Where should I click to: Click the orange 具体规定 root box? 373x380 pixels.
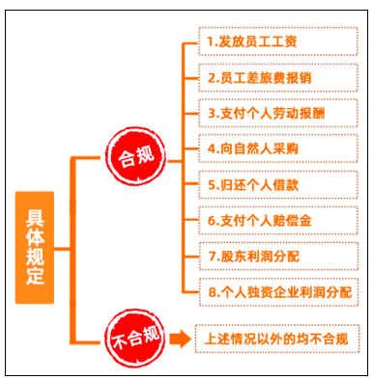pyautogui.click(x=35, y=247)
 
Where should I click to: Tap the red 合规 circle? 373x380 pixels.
pyautogui.click(x=133, y=156)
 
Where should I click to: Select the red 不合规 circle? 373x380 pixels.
pyautogui.click(x=133, y=339)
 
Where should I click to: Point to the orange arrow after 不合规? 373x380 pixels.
pyautogui.click(x=177, y=339)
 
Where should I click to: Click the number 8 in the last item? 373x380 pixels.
pyautogui.click(x=209, y=290)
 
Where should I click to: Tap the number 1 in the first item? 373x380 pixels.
pyautogui.click(x=210, y=44)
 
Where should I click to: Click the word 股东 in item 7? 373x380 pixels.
pyautogui.click(x=233, y=255)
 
